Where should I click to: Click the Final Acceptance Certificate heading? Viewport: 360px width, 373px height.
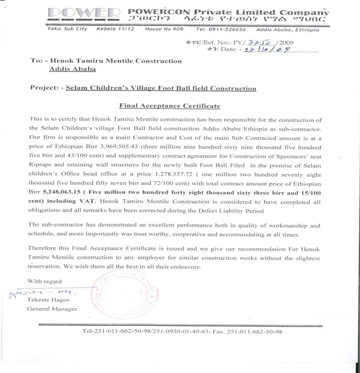170,106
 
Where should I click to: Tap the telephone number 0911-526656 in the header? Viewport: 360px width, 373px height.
229,29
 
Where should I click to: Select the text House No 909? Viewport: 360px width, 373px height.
164,29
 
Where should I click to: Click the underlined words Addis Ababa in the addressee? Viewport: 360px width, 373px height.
73,69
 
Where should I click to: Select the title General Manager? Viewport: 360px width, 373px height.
52,309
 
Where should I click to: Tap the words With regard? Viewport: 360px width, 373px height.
45,281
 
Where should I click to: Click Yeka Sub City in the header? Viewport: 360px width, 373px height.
67,29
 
